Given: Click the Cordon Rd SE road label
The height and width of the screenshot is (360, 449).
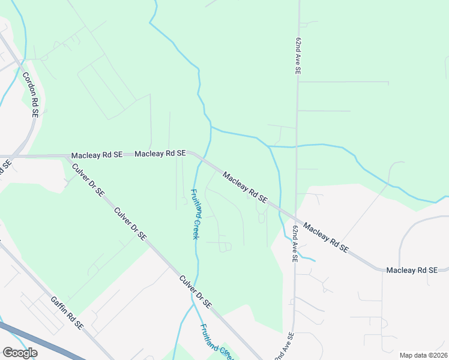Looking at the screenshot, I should [x=31, y=94].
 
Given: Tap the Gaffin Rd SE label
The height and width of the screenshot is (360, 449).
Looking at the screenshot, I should [x=67, y=313].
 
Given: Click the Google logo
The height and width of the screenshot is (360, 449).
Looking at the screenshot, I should [x=20, y=353].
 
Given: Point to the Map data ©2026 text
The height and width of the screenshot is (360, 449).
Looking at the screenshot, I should [x=423, y=355].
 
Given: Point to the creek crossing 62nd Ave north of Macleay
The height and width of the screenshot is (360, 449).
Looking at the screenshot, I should [x=296, y=146].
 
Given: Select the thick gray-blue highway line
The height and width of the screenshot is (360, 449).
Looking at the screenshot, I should [x=36, y=340].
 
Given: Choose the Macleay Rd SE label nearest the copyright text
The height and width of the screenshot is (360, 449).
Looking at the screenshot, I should [x=412, y=271].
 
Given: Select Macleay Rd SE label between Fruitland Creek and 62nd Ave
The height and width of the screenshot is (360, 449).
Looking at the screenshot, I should [x=244, y=187].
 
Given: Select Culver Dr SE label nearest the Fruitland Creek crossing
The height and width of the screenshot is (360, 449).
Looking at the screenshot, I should [x=196, y=292].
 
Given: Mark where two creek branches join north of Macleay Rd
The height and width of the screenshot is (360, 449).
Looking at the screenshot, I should [x=211, y=128].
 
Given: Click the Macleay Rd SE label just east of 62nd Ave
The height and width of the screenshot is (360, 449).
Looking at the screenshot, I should [x=326, y=237].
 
